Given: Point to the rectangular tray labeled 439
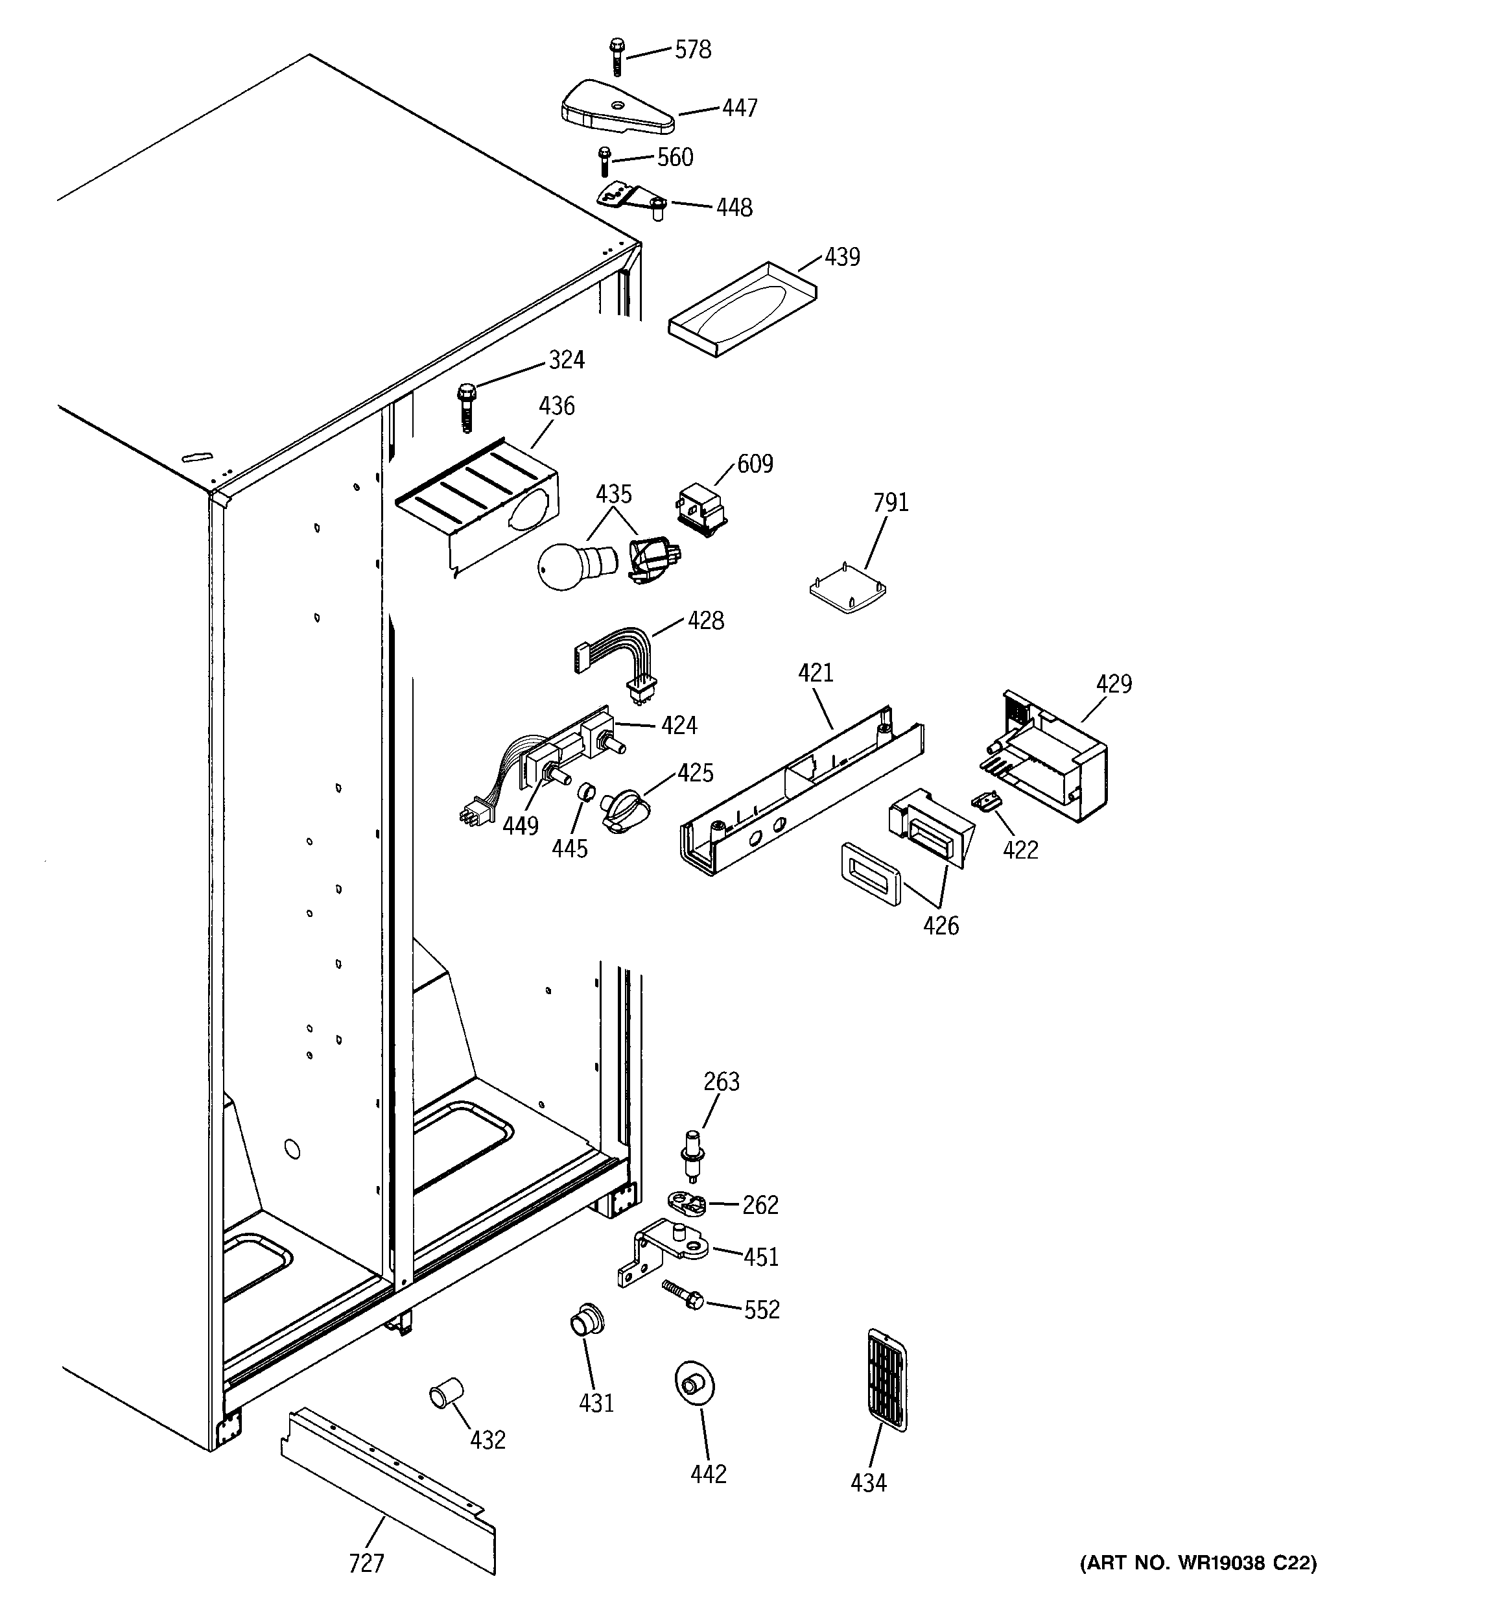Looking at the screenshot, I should coord(741,309).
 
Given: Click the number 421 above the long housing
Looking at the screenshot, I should coord(816,672).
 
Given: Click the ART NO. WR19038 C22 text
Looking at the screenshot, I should coord(1198,1563).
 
